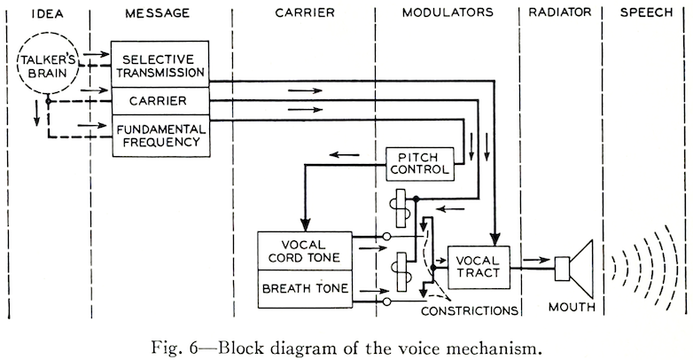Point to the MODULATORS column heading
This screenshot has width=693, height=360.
(448, 14)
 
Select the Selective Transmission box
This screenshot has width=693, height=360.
(160, 63)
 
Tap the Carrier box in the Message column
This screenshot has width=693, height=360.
(160, 99)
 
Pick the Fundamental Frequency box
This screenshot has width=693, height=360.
(160, 136)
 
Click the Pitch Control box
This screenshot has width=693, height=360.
(419, 162)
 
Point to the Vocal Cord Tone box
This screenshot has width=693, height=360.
(304, 254)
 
